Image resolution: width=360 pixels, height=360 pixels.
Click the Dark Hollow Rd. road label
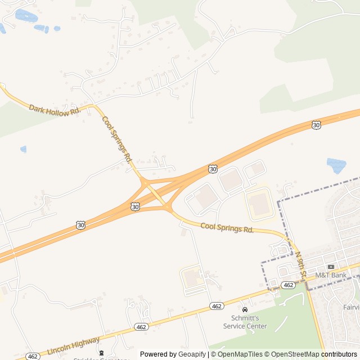55,110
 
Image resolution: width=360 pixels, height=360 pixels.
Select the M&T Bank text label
331,275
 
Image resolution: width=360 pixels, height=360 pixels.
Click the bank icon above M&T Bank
331,267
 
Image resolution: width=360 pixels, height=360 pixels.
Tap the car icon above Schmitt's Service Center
245,310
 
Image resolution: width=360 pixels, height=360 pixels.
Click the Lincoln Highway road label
74,345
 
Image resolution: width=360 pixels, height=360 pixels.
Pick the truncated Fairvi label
351,308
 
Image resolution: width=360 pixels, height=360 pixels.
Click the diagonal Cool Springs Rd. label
116,139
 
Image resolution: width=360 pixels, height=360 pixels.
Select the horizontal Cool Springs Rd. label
227,228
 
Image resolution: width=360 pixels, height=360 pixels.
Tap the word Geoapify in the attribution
193,354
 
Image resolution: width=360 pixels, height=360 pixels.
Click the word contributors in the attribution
339,354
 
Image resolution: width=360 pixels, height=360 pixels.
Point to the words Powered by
159,354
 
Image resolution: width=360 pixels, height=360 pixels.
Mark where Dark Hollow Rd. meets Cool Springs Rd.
93,105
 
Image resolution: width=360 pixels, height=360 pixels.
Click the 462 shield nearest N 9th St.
288,285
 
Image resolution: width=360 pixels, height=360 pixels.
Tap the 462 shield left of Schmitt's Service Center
217,306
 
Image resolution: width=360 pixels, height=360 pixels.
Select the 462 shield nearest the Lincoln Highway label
141,327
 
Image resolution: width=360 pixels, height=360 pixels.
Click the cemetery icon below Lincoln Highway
101,353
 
